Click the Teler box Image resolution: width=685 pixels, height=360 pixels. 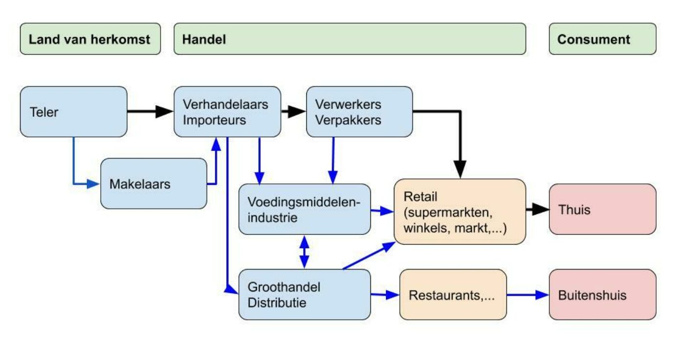click(x=73, y=112)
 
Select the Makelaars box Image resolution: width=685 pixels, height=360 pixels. click(x=154, y=184)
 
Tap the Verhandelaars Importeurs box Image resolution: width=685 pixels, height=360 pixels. click(x=228, y=112)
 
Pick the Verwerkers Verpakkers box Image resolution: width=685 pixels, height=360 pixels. click(x=359, y=112)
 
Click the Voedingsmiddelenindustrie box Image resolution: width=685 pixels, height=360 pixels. click(x=304, y=209)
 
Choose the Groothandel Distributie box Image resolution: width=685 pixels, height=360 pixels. click(x=304, y=294)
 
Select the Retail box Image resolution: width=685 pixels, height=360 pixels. click(x=459, y=211)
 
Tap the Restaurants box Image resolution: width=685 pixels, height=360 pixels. click(x=453, y=295)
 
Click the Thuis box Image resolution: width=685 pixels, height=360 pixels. click(x=602, y=209)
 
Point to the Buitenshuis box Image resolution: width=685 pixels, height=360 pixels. click(x=602, y=295)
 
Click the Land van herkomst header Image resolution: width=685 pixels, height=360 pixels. click(x=90, y=39)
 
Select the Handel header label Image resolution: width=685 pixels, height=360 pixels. click(x=204, y=39)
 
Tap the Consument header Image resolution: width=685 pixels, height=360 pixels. click(x=602, y=39)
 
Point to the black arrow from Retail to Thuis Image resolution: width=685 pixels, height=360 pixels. click(x=537, y=210)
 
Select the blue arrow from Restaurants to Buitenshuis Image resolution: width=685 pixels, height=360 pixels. click(x=527, y=295)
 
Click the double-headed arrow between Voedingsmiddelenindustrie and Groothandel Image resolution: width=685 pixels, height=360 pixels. click(x=304, y=252)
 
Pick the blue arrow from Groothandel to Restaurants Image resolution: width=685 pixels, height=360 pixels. click(x=385, y=295)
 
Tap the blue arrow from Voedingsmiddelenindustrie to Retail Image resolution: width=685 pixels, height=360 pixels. click(x=382, y=211)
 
